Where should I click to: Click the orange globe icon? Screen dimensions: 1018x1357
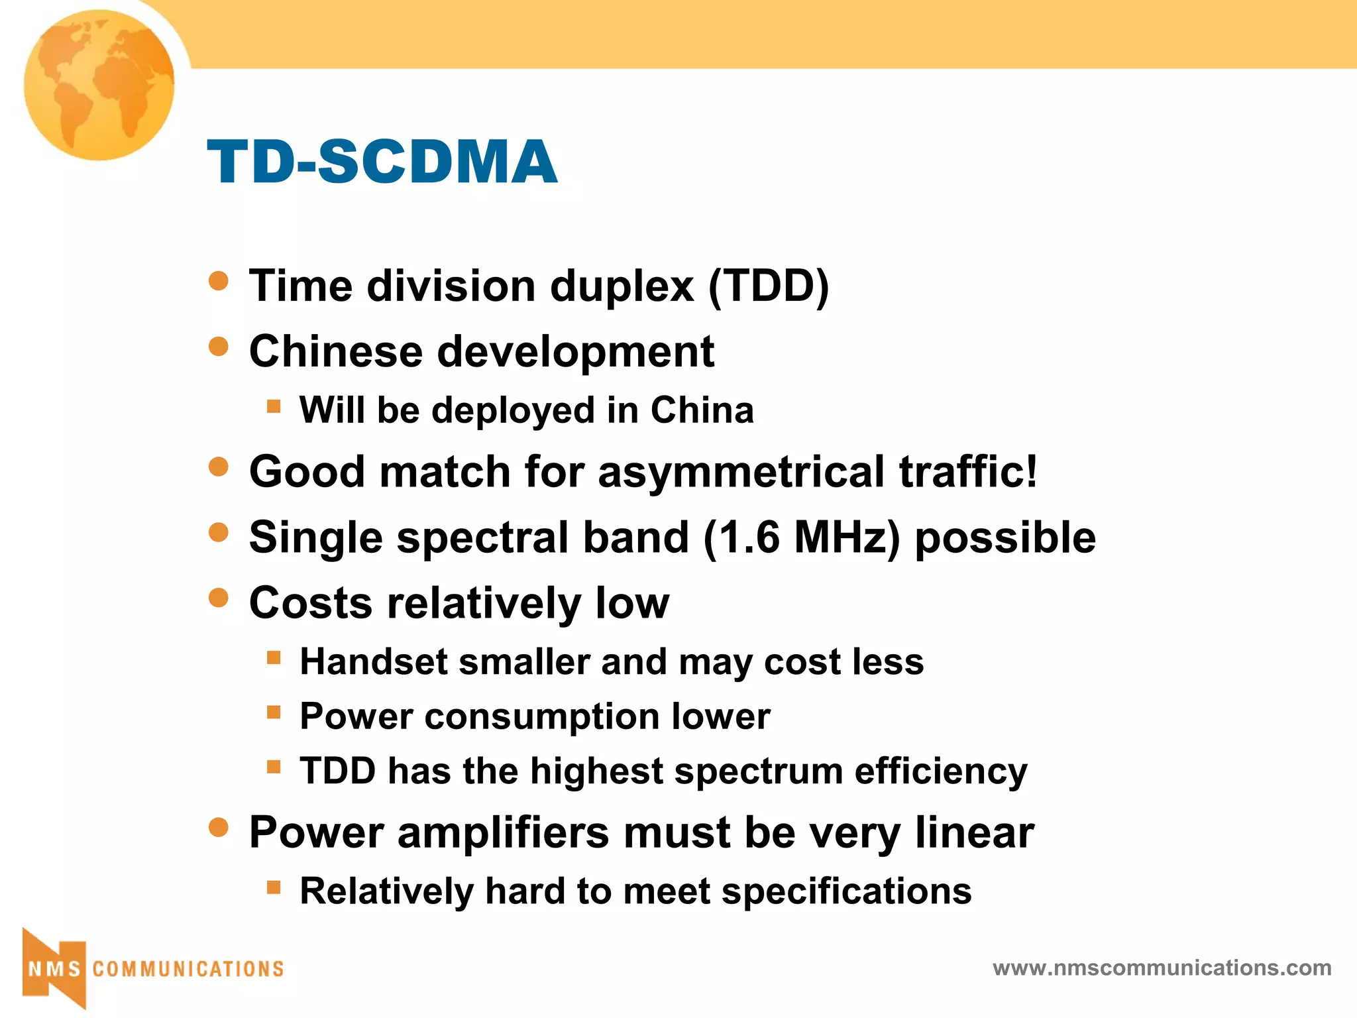99,84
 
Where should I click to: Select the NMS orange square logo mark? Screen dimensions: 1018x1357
54,968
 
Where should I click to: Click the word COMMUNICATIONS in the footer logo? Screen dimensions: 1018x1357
188,969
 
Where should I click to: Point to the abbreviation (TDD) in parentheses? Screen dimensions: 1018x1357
769,286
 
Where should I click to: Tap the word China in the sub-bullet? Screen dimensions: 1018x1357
702,410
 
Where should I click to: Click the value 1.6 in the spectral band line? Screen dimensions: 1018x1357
749,537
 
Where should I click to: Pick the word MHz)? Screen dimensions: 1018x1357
847,537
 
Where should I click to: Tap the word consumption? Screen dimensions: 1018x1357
542,716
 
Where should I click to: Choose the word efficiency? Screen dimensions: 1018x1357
940,771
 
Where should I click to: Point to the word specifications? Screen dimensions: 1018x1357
846,891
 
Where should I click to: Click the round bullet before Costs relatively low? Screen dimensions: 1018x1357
218,598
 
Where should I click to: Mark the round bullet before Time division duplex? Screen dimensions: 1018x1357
218,281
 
